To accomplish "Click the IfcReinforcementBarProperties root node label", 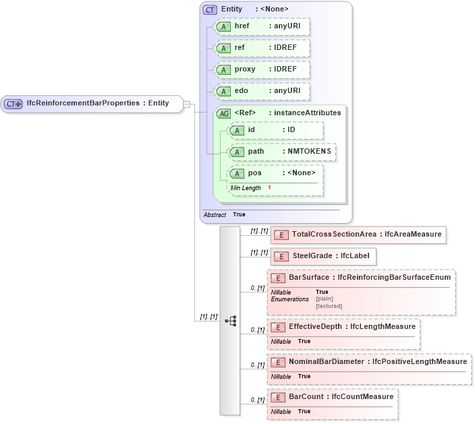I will (96, 104).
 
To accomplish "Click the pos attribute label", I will (254, 173).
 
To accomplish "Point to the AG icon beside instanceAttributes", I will (223, 113).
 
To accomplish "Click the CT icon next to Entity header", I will (210, 9).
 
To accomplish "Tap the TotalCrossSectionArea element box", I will (358, 235).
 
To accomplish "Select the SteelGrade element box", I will (323, 256).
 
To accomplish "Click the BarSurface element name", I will (309, 277).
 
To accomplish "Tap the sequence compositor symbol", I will (230, 321).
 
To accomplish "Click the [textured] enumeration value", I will (329, 306).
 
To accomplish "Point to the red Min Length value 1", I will (269, 187).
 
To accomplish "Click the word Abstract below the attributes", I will (215, 214).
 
